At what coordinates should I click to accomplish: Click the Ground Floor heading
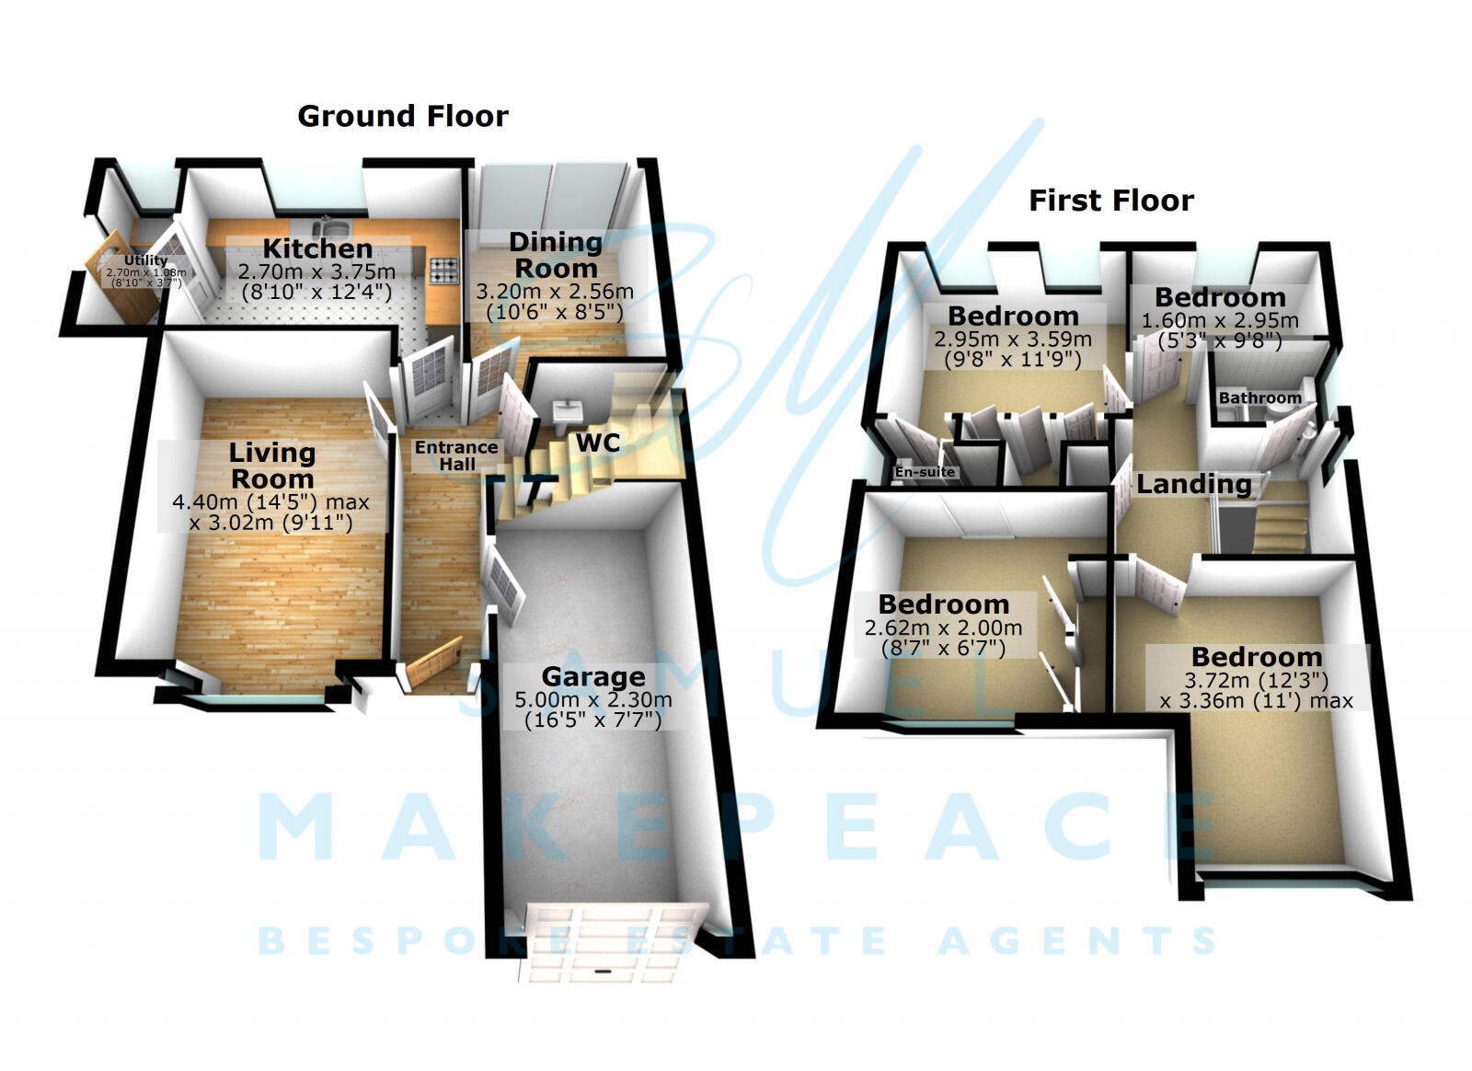[x=402, y=117]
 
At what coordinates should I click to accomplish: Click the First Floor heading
[x=1110, y=201]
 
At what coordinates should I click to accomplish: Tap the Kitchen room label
[x=317, y=248]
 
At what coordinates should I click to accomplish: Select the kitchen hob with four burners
[x=444, y=269]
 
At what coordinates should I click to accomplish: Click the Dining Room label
[x=555, y=255]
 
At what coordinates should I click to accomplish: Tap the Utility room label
[x=145, y=260]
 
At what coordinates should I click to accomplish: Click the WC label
[x=598, y=443]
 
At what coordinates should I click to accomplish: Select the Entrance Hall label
[x=456, y=455]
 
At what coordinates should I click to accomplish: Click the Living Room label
[x=271, y=466]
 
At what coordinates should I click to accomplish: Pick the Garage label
[x=592, y=677]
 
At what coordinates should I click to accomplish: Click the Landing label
[x=1193, y=484]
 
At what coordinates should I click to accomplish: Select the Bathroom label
[x=1259, y=398]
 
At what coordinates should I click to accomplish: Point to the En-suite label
[x=925, y=472]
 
